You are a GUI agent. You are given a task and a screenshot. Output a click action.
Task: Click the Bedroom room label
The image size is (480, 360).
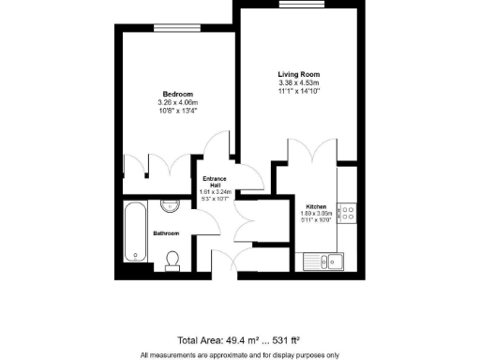tap(178, 94)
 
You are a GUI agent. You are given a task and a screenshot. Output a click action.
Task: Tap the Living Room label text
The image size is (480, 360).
tap(298, 74)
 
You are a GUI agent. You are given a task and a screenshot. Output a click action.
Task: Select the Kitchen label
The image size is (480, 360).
tap(315, 205)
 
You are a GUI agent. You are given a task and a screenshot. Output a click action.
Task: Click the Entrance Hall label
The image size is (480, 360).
tap(214, 181)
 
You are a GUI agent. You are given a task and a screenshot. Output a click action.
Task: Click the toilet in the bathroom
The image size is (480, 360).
tap(172, 259)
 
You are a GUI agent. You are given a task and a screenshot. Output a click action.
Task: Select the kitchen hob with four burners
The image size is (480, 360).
tap(347, 213)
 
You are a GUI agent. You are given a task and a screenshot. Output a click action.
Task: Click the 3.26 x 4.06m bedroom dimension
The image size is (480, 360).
tap(178, 102)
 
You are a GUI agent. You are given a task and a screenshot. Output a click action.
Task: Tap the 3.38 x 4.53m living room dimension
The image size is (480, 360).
tap(298, 82)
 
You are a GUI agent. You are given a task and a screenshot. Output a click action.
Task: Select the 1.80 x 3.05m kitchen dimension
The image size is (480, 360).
tap(315, 213)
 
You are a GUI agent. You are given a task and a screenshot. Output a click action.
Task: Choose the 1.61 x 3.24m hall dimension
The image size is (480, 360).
tap(214, 192)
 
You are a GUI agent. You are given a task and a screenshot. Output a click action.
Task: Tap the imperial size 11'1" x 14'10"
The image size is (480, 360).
tap(298, 91)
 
